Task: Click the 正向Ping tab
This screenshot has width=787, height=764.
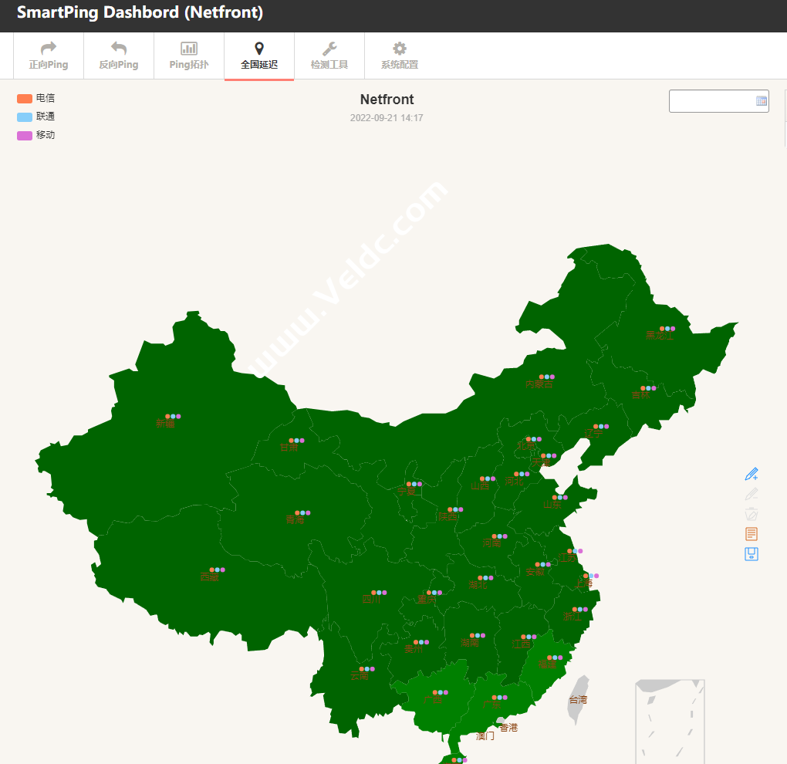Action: pyautogui.click(x=49, y=56)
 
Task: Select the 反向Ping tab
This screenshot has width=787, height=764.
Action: pyautogui.click(x=119, y=56)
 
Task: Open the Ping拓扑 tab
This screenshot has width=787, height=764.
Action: pyautogui.click(x=189, y=56)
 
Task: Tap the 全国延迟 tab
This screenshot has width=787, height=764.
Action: pyautogui.click(x=259, y=56)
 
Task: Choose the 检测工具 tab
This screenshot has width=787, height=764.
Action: pyautogui.click(x=329, y=56)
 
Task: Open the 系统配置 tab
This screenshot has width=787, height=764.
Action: pyautogui.click(x=400, y=56)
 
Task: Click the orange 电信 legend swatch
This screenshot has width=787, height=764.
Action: pyautogui.click(x=25, y=99)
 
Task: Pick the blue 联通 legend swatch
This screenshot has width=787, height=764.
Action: pyautogui.click(x=25, y=117)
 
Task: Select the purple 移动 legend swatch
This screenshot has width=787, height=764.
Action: pyautogui.click(x=25, y=136)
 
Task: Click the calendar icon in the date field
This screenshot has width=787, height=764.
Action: pyautogui.click(x=762, y=101)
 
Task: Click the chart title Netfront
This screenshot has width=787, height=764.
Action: pyautogui.click(x=387, y=100)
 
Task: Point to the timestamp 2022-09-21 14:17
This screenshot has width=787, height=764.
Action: pyautogui.click(x=387, y=118)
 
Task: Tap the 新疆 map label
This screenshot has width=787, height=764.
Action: pyautogui.click(x=166, y=423)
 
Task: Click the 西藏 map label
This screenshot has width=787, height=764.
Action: pyautogui.click(x=209, y=576)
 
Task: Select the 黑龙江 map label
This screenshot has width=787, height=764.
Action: pyautogui.click(x=660, y=336)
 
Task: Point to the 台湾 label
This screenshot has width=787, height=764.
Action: pyautogui.click(x=578, y=700)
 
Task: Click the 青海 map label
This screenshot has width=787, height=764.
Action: pyautogui.click(x=296, y=519)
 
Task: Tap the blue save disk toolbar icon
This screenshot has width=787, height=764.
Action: pyautogui.click(x=752, y=554)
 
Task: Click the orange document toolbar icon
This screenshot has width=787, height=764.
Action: pyautogui.click(x=752, y=534)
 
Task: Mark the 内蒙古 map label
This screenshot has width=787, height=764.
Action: pyautogui.click(x=539, y=384)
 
